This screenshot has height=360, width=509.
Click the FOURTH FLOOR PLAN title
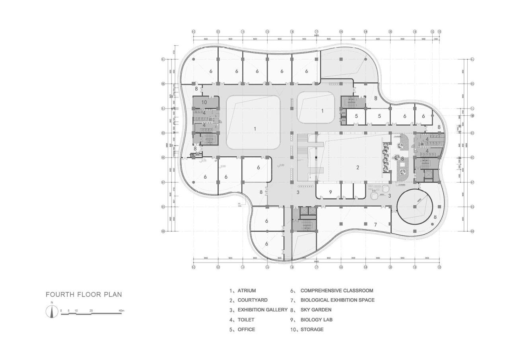coord(84,295)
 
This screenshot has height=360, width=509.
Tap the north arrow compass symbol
coord(52,311)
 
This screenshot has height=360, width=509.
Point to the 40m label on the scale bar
coord(121,310)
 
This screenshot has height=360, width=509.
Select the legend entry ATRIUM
coord(247,291)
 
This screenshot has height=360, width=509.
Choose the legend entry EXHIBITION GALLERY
coord(262,310)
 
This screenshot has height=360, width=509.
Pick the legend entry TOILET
coord(246,320)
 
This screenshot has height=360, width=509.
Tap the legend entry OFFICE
coord(246,330)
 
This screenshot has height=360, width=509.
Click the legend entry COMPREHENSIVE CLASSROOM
coord(336,291)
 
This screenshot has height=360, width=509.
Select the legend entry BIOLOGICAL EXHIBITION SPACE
coord(337,300)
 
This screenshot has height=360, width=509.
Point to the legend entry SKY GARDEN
coord(316,310)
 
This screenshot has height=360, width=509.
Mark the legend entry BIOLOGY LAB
coord(316,320)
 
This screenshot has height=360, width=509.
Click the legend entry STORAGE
coord(312,330)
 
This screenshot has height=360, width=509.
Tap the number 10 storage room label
coord(204,102)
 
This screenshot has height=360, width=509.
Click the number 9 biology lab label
coord(330,192)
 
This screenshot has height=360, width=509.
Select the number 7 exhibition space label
coord(375,225)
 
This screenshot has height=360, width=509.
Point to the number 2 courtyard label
coord(357,167)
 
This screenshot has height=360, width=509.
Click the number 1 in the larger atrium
coord(255,128)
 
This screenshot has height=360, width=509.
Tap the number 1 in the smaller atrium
coord(322,111)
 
